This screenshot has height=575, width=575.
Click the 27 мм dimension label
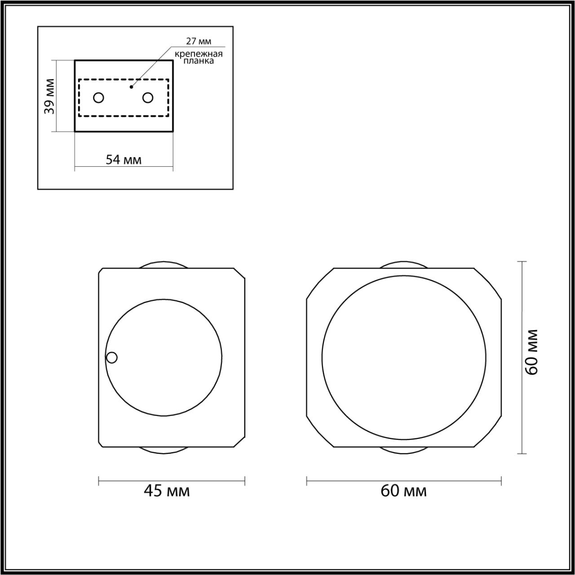[199, 42]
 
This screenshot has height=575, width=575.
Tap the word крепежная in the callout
[199, 54]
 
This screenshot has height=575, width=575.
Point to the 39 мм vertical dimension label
[50, 96]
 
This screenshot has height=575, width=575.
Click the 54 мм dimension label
[124, 159]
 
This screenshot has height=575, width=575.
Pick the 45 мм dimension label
[167, 491]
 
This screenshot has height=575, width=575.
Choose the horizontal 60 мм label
[403, 491]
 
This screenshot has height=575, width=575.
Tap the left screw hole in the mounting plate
[98, 97]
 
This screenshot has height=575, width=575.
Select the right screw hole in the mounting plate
[148, 97]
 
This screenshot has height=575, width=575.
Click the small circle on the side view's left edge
[112, 358]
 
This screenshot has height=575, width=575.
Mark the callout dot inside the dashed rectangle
[131, 87]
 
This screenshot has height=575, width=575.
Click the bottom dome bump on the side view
[163, 450]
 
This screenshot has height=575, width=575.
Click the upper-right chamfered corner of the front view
[487, 283]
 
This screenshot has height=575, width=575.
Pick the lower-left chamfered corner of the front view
[320, 432]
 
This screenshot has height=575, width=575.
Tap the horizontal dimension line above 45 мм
[172, 481]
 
